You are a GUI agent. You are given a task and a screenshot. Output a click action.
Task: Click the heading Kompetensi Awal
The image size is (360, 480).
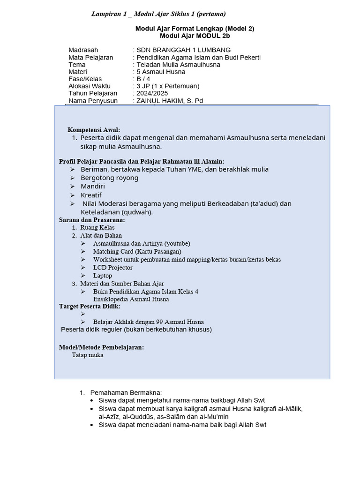coord(94,129)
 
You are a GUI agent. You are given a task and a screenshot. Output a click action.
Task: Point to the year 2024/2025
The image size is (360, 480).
coord(153,93)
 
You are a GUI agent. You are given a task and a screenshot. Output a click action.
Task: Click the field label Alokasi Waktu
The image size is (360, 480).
coord(90,86)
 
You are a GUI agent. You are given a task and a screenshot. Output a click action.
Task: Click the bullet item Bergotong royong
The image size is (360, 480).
coord(109,178)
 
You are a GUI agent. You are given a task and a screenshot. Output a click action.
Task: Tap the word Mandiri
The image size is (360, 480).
coord(93,186)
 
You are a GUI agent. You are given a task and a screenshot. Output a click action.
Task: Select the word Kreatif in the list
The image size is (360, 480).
coord(91,195)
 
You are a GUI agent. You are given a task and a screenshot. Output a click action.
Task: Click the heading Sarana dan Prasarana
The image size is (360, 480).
coord(92,219)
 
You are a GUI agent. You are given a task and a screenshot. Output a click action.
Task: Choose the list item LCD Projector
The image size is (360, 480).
coord(112,268)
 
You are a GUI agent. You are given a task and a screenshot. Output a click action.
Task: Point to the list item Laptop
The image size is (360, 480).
coord(103,276)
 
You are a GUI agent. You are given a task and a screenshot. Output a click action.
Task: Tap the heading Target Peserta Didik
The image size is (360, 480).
coord(90,306)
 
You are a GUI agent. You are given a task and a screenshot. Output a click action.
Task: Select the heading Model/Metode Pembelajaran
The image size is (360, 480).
coord(101,347)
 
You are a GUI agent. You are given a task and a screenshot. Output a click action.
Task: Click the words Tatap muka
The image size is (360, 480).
coord(88,355)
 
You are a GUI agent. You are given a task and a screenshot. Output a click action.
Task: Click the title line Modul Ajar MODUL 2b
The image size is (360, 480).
coord(195,36)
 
